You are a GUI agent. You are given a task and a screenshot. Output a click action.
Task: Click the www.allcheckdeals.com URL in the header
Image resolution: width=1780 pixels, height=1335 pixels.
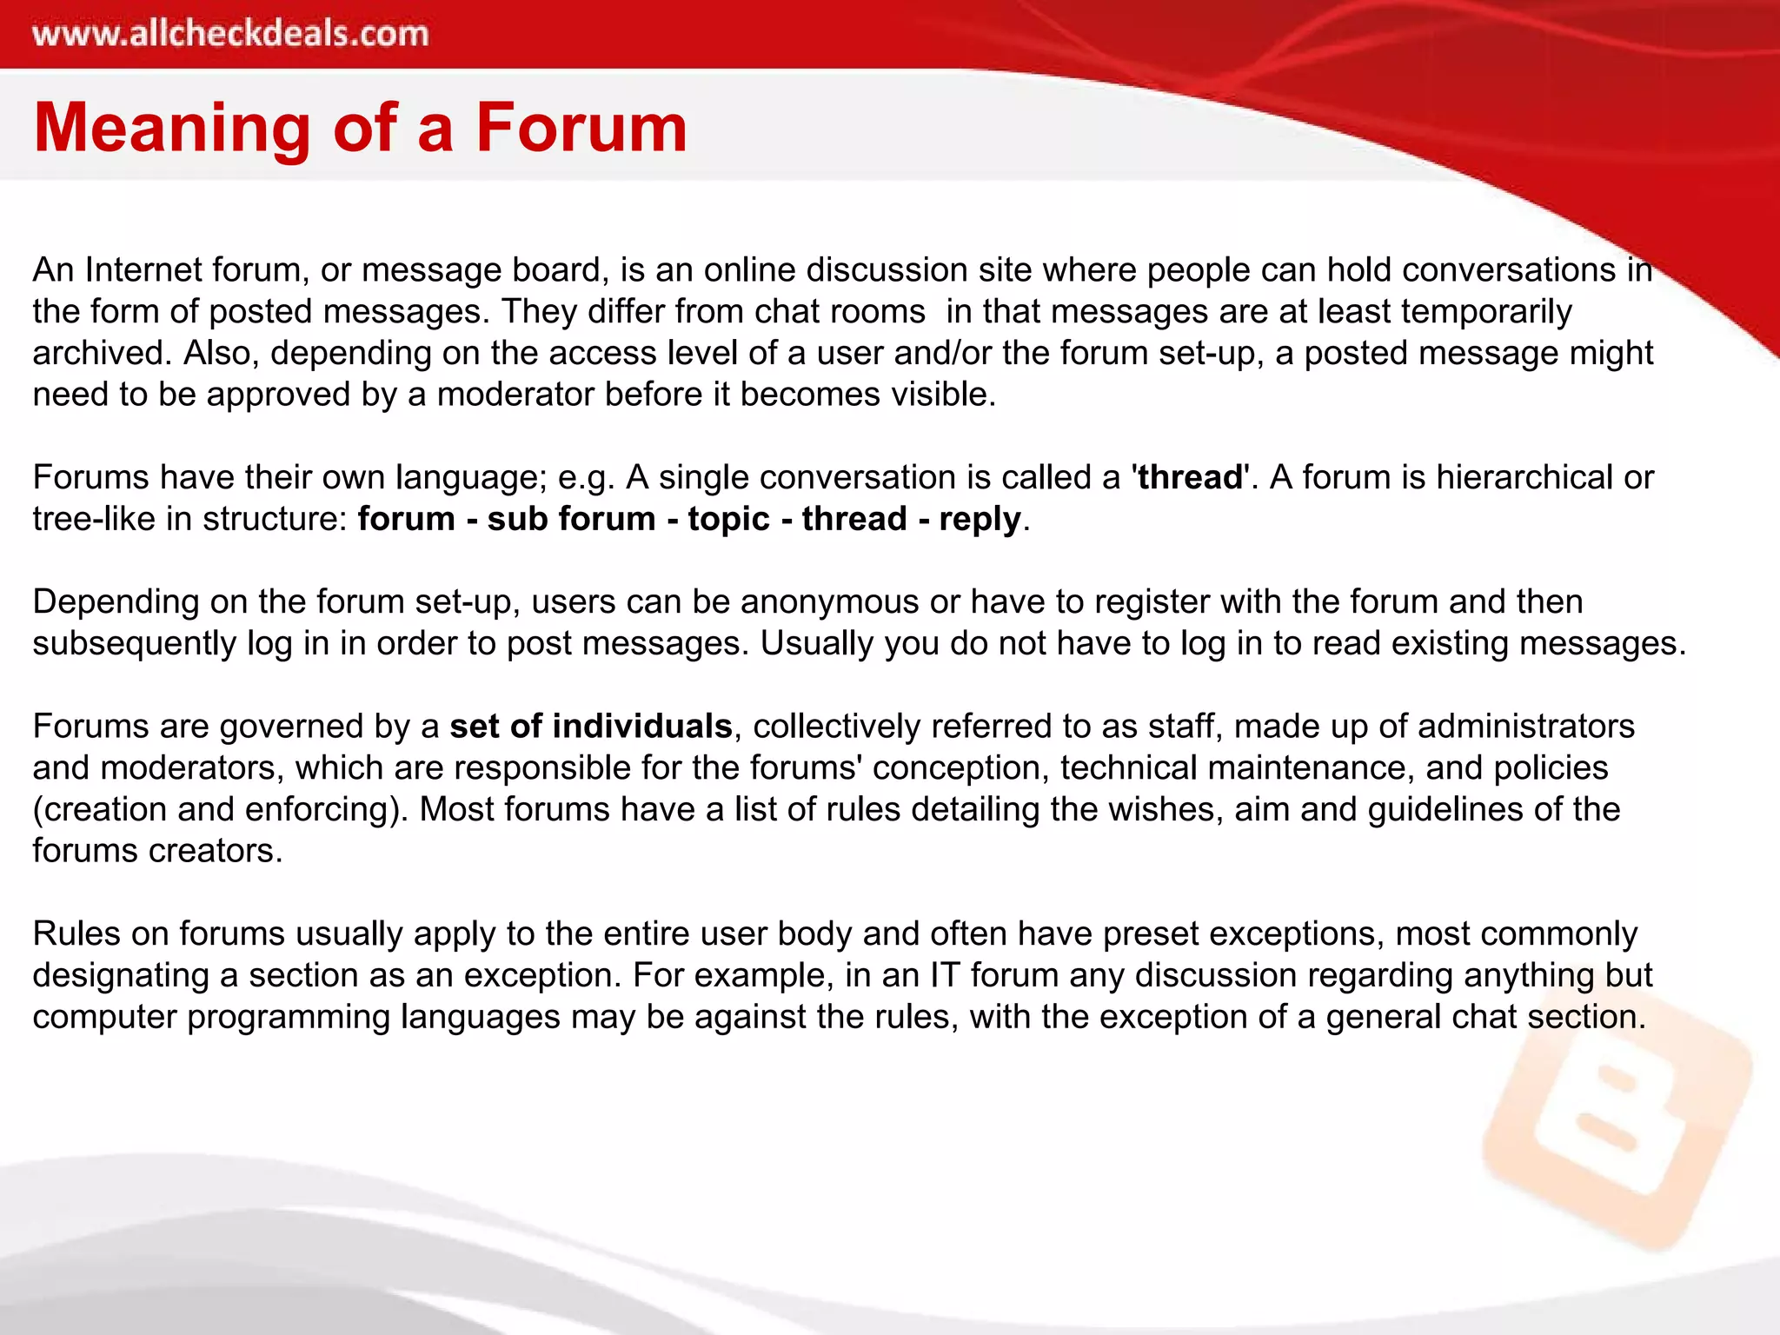pyautogui.click(x=230, y=34)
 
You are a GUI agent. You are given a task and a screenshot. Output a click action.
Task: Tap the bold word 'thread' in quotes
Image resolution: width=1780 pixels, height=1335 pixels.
pyautogui.click(x=1190, y=477)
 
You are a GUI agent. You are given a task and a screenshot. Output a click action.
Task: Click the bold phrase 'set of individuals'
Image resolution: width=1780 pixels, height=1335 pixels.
pyautogui.click(x=591, y=726)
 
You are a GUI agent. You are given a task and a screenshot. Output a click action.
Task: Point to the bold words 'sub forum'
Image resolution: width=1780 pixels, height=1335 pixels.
pyautogui.click(x=571, y=519)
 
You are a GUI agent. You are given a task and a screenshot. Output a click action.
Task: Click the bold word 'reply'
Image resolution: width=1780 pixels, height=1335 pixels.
pyautogui.click(x=980, y=519)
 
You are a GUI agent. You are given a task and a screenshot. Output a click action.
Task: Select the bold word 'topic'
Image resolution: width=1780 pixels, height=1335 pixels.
pyautogui.click(x=728, y=519)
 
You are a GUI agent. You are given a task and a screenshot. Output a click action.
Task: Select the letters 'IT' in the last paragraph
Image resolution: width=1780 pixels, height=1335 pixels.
pyautogui.click(x=945, y=975)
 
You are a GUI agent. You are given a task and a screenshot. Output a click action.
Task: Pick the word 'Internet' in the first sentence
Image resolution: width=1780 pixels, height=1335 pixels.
pyautogui.click(x=143, y=270)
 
